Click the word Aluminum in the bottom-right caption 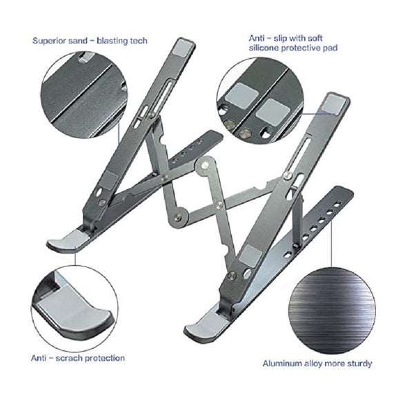283,363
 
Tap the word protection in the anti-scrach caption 103,358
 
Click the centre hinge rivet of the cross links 204,166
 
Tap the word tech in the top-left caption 139,41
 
